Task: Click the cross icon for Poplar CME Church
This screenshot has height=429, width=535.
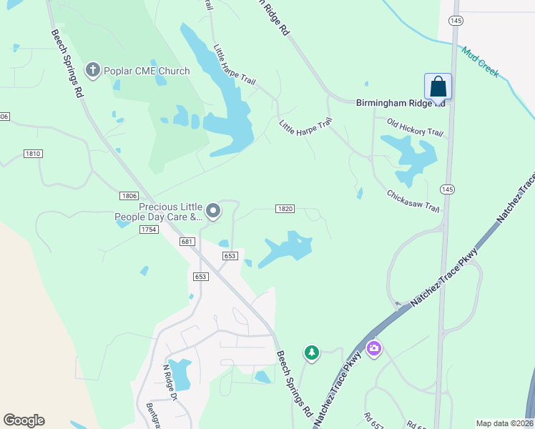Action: [x=92, y=70]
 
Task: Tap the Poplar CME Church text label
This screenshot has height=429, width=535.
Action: [x=147, y=71]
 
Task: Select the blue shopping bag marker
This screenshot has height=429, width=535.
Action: [x=438, y=87]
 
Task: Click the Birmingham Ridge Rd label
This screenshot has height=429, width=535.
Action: [x=401, y=104]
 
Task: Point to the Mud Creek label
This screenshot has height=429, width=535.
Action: [x=480, y=62]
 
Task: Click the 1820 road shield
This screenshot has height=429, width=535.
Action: [x=285, y=208]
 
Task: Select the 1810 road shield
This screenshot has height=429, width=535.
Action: [x=33, y=154]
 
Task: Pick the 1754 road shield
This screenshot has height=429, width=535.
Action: [x=148, y=229]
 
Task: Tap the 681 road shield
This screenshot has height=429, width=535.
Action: [x=187, y=242]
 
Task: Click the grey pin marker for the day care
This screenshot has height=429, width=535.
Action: [x=213, y=211]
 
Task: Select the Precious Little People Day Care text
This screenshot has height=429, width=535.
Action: [x=156, y=211]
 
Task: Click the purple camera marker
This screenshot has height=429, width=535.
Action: [x=373, y=349]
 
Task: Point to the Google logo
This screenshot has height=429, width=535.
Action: [x=24, y=420]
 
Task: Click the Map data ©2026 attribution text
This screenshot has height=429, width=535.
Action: [x=504, y=423]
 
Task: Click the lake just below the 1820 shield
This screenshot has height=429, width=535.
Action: [x=286, y=250]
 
